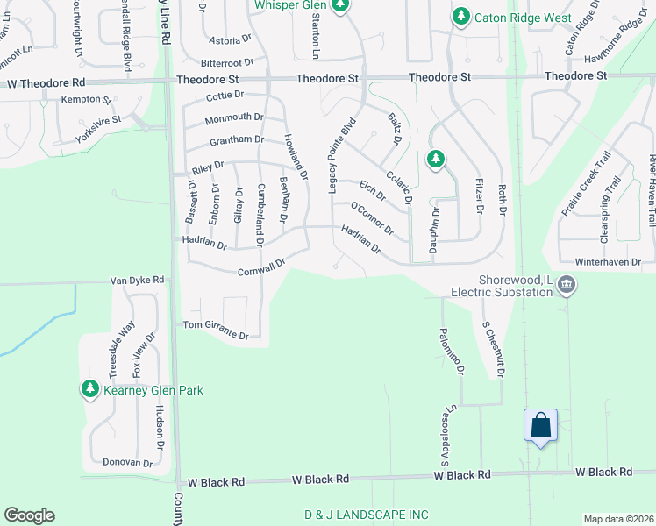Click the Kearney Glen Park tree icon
point(89,388)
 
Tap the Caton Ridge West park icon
point(460,17)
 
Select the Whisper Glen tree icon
point(340,5)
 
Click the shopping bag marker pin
point(540,426)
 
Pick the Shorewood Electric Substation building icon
point(567,285)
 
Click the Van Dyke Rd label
point(137,280)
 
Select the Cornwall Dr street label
point(262,267)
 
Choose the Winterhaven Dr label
point(614,261)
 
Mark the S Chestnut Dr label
point(495,349)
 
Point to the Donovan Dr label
point(128,462)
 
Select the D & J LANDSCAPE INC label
point(367,514)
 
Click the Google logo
point(29,515)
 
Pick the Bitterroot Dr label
point(226,63)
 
